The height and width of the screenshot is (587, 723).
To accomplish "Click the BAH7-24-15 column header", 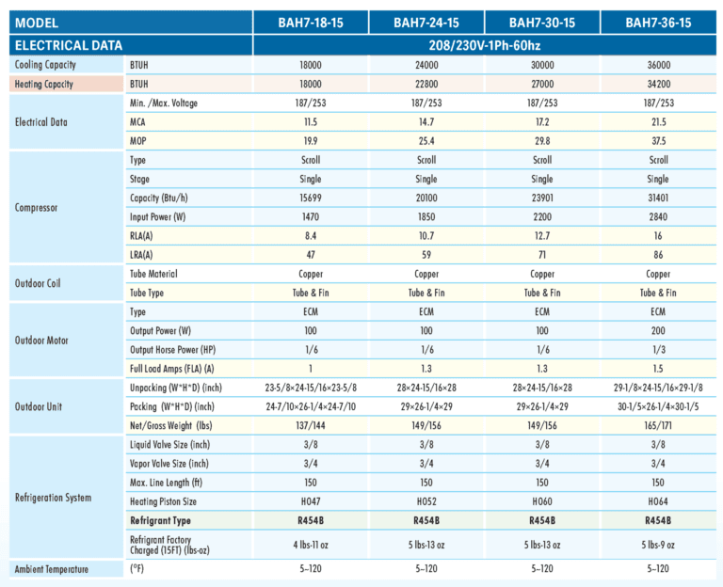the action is point(426,23).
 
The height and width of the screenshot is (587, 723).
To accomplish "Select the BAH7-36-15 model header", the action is point(658,23).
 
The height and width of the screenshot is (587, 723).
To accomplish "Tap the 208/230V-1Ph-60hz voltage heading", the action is point(485,45).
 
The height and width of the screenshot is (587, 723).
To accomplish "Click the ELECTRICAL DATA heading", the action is point(69,45).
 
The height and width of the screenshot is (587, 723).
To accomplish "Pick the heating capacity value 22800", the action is point(426,84).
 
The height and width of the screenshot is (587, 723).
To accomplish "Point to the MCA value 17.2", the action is point(542,122).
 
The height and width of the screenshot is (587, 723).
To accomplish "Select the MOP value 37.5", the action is point(658,141).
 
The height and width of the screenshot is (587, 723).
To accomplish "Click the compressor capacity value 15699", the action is point(311,198).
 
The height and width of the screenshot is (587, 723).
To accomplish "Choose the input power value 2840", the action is point(658,217).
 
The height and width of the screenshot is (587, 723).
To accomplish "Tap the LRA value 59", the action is point(426,255).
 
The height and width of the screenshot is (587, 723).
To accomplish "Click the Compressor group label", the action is point(36,208).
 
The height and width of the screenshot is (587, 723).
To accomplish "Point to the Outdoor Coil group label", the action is point(38,283).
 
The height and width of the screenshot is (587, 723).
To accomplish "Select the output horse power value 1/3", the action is point(658,350).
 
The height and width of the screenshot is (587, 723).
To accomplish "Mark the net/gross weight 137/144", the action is point(311,426).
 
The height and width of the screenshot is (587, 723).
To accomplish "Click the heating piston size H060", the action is point(542,501).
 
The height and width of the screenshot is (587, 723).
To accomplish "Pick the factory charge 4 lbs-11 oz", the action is point(311,545).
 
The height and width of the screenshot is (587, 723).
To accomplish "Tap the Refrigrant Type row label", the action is point(160,520).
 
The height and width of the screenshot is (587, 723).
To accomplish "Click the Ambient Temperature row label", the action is point(51,569).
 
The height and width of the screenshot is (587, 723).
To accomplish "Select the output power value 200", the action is point(658,331).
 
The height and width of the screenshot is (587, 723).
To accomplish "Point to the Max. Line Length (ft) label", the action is point(166,483).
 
